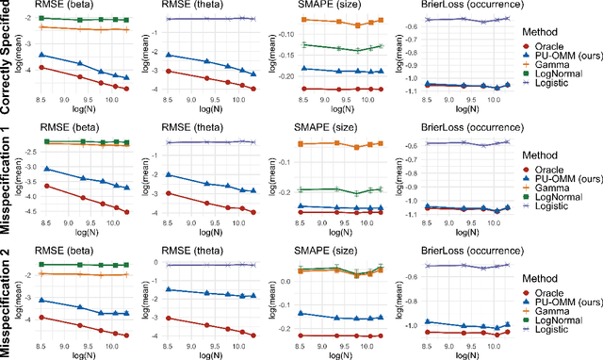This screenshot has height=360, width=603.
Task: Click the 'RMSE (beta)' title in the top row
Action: click(66, 7)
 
